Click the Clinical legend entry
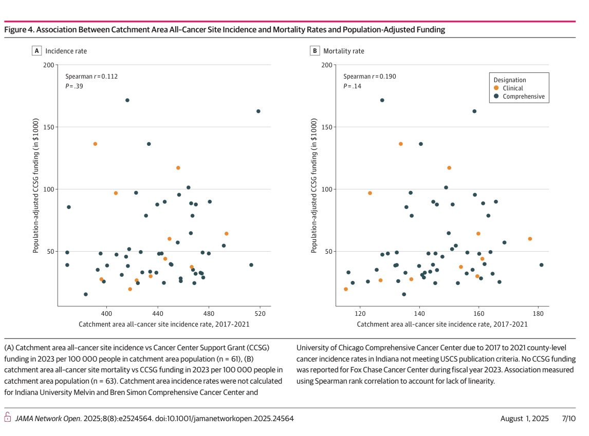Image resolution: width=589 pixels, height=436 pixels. (x=512, y=88)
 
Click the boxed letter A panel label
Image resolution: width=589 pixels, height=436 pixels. (x=36, y=51)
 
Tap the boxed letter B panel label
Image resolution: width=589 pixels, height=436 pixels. (x=315, y=51)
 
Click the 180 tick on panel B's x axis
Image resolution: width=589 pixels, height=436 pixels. (x=538, y=313)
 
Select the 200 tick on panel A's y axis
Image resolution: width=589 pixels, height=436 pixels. (x=49, y=65)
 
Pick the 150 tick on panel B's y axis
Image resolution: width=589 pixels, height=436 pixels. (x=327, y=127)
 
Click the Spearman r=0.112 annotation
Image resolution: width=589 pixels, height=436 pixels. (x=91, y=77)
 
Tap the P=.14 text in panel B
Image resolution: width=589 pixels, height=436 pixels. (x=350, y=86)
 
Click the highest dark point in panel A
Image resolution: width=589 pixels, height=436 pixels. (x=127, y=100)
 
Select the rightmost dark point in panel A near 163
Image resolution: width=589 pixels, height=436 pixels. (x=258, y=111)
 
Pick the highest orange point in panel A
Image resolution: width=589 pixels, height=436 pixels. (x=95, y=144)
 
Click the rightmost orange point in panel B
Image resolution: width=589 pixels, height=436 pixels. (x=530, y=239)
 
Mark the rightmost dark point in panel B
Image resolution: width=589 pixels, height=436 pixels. (x=541, y=265)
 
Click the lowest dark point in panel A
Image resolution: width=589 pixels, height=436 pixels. (x=85, y=294)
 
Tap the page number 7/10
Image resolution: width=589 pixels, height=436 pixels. (x=569, y=419)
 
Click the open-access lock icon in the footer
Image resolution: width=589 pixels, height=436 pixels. (x=8, y=418)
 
